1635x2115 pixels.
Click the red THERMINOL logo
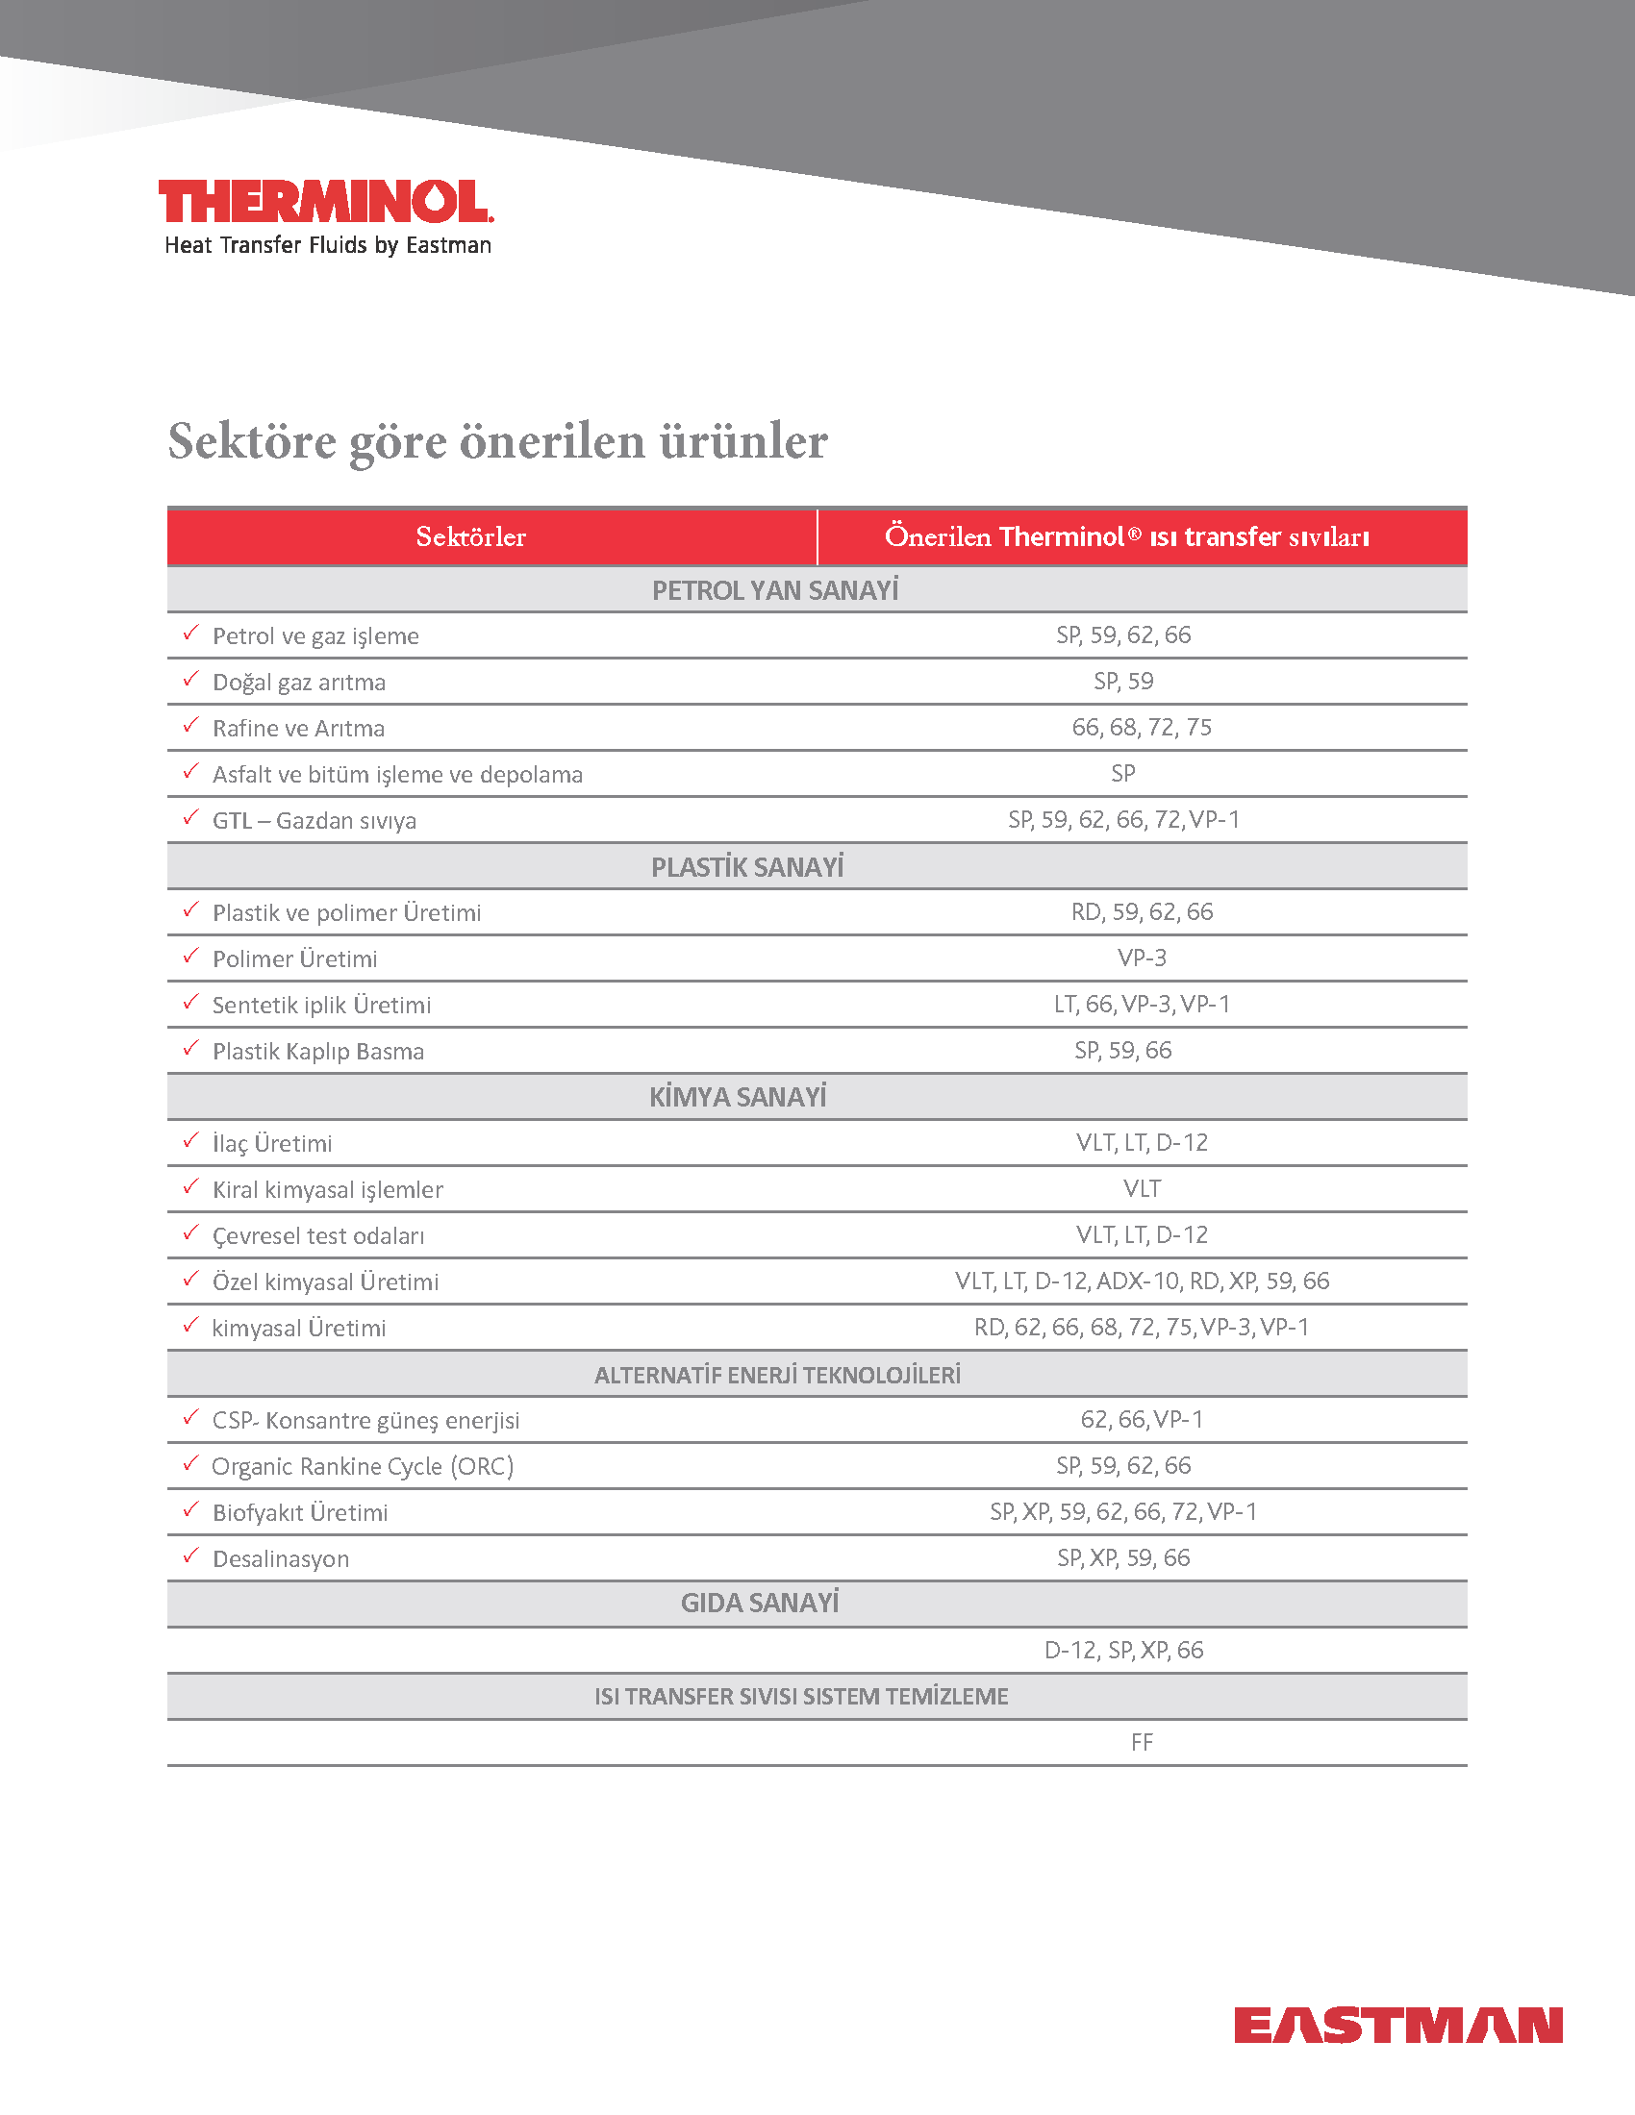point(325,202)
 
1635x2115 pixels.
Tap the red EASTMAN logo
point(1397,2025)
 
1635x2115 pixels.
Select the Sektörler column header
point(470,536)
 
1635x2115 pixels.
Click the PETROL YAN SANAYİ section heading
point(775,589)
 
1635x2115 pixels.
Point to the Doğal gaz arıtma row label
point(298,682)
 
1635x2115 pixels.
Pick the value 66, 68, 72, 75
point(1141,728)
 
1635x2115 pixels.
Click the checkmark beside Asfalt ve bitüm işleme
point(190,772)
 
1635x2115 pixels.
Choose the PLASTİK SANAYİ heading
point(746,867)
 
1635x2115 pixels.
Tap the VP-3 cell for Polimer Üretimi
point(1142,958)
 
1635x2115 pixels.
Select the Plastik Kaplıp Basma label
point(317,1051)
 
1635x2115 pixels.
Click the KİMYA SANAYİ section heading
point(737,1097)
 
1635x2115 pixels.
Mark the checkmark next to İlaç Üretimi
point(190,1141)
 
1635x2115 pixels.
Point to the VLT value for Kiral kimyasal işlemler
point(1142,1188)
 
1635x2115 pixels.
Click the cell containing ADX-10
point(1142,1281)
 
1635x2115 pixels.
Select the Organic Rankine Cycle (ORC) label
point(363,1466)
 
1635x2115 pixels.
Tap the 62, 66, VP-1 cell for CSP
point(1142,1420)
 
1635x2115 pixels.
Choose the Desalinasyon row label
point(281,1558)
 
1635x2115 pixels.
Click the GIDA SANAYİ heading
point(760,1604)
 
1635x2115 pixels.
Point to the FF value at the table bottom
point(1142,1742)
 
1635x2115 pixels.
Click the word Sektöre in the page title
point(252,441)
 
